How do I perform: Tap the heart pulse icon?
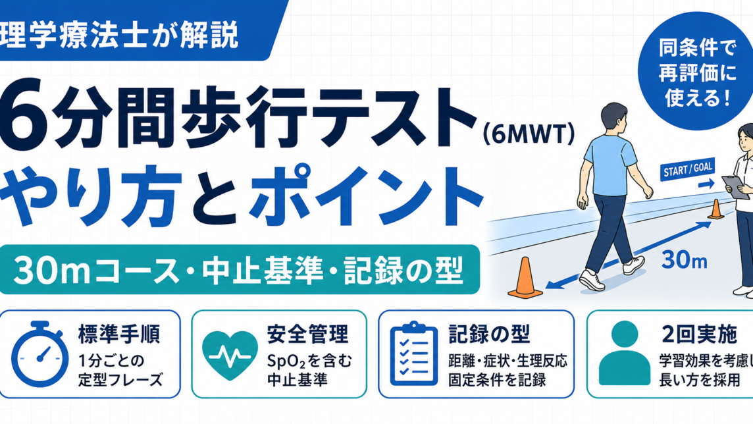(x=230, y=356)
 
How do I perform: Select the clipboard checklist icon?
(x=413, y=354)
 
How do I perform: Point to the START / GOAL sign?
(x=688, y=169)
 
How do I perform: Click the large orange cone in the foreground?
(x=525, y=278)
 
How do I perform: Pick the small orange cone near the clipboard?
(x=715, y=209)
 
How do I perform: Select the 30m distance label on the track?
(x=685, y=260)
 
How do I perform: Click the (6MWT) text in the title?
(x=529, y=135)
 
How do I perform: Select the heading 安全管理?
(x=308, y=334)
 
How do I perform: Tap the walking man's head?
(x=614, y=118)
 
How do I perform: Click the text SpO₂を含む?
(x=309, y=361)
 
